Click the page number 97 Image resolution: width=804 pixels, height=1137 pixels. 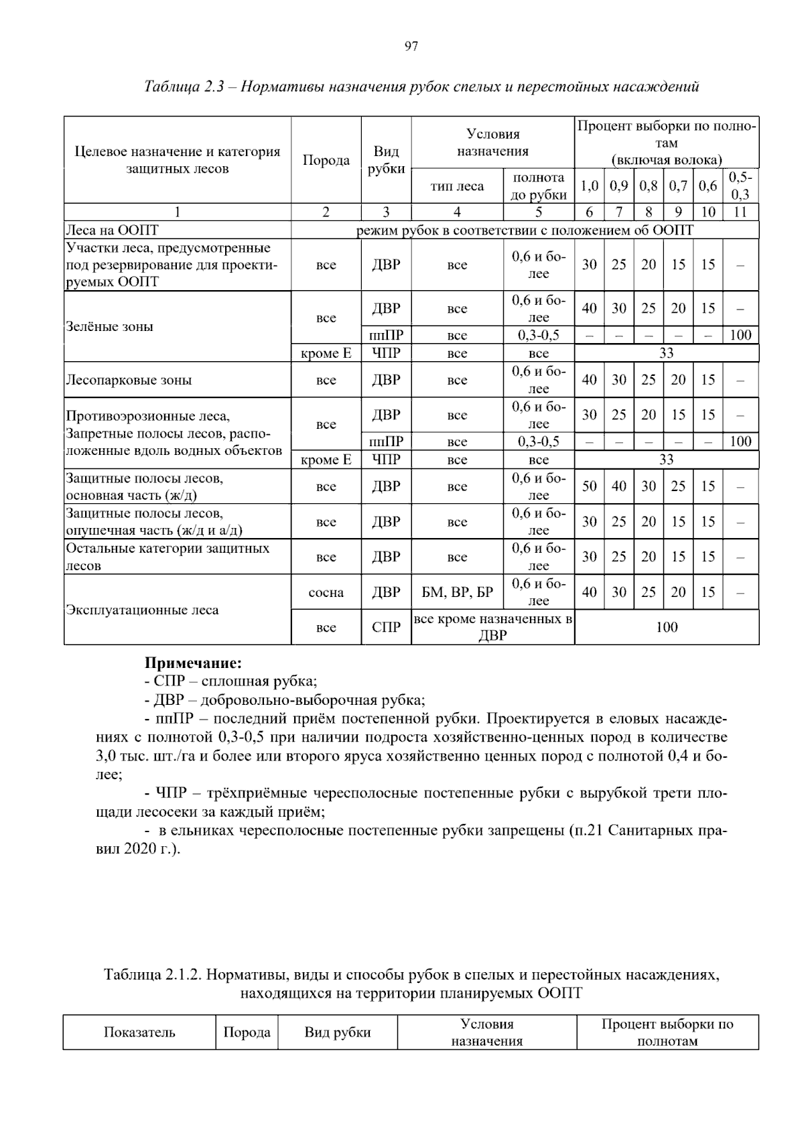point(411,46)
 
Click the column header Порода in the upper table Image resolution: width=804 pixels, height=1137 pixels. point(326,160)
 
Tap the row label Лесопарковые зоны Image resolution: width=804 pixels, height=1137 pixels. point(129,380)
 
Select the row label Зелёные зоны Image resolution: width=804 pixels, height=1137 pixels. point(109,326)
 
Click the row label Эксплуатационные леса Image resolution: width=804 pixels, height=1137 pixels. point(142,610)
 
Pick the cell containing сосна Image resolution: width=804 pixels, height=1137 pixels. point(326,592)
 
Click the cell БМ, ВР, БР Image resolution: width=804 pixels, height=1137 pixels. point(457,592)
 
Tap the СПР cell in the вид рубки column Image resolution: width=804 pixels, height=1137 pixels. point(386,627)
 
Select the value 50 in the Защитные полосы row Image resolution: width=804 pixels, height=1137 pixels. point(589,486)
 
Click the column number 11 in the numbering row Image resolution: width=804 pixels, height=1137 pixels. point(740,212)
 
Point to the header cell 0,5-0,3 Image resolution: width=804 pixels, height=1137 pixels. point(740,186)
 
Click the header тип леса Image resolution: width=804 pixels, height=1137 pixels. point(457,186)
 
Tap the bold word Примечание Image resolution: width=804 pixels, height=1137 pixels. point(193,663)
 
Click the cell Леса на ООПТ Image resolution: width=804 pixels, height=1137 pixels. point(112,230)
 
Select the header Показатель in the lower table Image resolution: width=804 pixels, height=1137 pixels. point(139,1032)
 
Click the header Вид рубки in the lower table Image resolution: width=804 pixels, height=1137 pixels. point(337,1032)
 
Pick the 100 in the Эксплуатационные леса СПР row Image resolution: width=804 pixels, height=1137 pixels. point(666,627)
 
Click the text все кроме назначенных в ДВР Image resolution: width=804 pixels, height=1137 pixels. point(492,627)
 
